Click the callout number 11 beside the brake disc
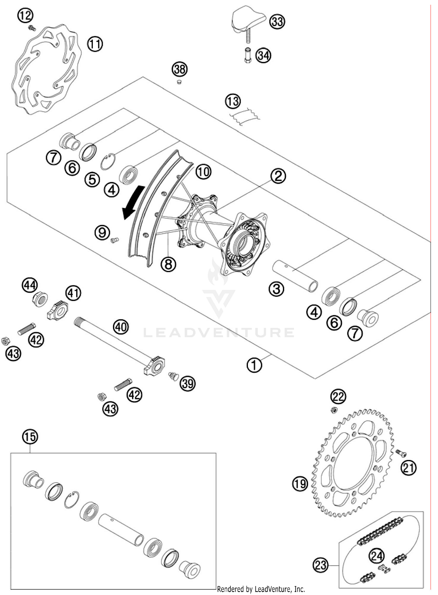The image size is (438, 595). [x=95, y=44]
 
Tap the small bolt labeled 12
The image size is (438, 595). [x=31, y=28]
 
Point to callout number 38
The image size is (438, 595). [x=179, y=69]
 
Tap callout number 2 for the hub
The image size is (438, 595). [x=278, y=176]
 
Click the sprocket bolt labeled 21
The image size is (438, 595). [x=401, y=453]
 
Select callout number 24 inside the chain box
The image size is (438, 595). [x=376, y=556]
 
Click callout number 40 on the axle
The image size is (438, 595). [x=121, y=326]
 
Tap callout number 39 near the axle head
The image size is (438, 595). [x=187, y=383]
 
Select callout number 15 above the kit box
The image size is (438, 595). [x=30, y=437]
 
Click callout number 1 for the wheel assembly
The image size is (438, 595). [x=254, y=365]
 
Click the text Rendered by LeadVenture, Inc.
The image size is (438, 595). [x=261, y=589]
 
